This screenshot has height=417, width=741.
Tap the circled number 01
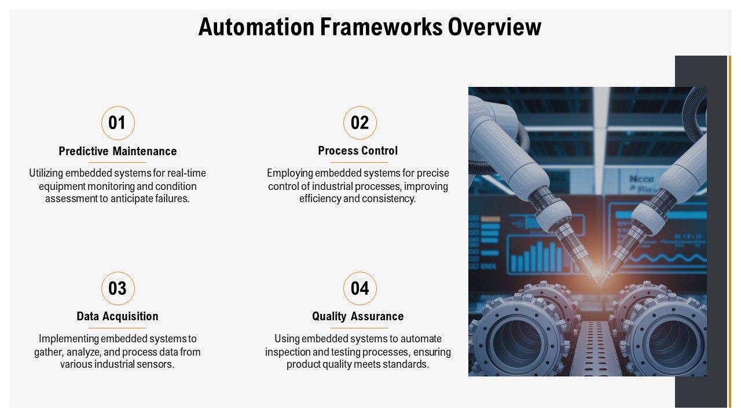tap(118, 123)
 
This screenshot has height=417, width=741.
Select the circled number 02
tap(360, 123)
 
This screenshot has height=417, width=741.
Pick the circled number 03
tap(118, 288)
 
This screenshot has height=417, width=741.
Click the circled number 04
tap(360, 288)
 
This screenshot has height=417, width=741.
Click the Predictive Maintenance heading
tap(118, 151)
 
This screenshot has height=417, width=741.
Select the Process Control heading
tap(358, 151)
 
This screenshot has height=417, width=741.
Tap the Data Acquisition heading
tap(118, 316)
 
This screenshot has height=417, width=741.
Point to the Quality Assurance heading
tap(358, 316)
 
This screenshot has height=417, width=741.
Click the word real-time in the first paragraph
tap(186, 173)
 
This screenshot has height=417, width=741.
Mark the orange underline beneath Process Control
tap(359, 162)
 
